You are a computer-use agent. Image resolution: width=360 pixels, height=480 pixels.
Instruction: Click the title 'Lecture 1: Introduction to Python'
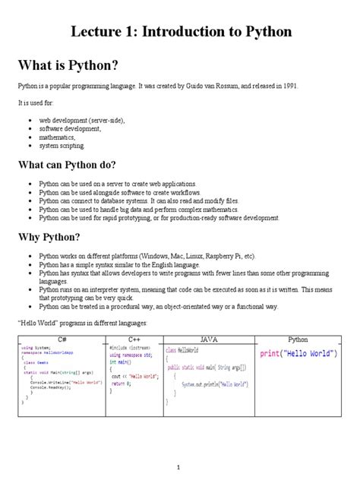tap(181, 32)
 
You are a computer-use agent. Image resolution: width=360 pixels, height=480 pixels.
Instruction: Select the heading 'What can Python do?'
tap(68, 164)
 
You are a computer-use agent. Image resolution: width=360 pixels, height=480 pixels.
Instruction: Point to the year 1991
tap(287, 86)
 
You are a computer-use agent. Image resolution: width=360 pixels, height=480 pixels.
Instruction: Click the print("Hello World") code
tap(298, 354)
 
